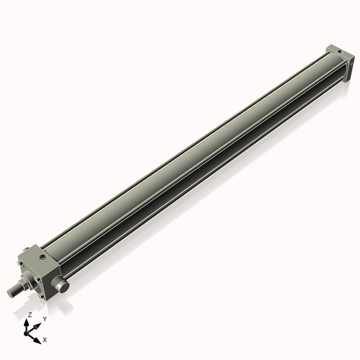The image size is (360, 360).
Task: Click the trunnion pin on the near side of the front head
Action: (63, 286)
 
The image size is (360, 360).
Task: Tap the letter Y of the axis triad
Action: (45, 318)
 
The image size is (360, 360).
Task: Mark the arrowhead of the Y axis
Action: (39, 323)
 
